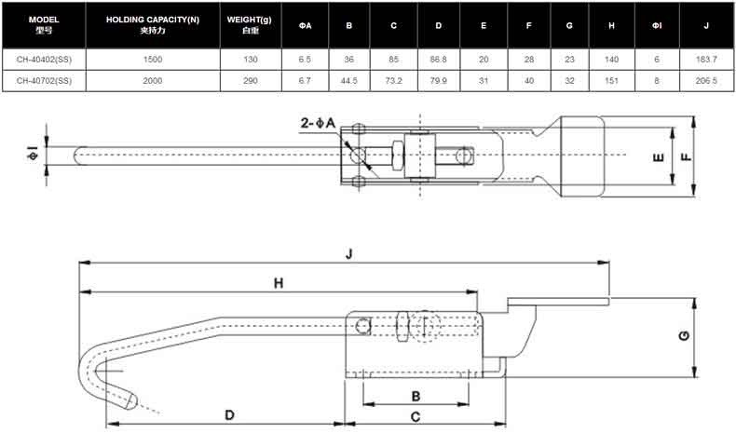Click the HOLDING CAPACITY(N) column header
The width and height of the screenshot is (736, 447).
point(153,25)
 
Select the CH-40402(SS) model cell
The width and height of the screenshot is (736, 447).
point(44,60)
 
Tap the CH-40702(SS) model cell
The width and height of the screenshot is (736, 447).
point(44,81)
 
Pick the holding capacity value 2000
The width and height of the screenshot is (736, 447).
point(153,81)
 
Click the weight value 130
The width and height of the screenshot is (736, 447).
point(251,60)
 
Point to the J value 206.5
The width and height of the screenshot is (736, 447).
point(706,81)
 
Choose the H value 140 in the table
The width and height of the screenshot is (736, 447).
point(611,60)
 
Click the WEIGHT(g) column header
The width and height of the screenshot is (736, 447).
point(250,25)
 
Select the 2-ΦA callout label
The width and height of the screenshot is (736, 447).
point(319,123)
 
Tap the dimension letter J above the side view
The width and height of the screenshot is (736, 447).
point(349,253)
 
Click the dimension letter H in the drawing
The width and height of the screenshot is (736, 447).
point(279,283)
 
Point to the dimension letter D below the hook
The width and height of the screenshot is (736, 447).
point(229,415)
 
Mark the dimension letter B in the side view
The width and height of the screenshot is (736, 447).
point(416,397)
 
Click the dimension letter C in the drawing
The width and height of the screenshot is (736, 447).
point(416,417)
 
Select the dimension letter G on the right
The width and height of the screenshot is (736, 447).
point(684,336)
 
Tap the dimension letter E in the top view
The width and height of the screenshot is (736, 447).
point(659,157)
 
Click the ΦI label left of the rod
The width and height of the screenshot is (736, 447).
point(33,153)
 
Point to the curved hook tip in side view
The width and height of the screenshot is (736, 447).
point(130,400)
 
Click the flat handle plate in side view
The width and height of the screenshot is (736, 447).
point(558,302)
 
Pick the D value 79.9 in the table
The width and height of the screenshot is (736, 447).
point(439,81)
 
